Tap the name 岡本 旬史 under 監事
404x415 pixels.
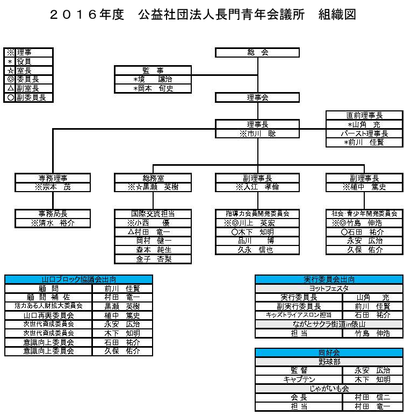pos(153,88)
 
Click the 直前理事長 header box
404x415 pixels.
pos(364,115)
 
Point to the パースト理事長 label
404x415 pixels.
pos(364,133)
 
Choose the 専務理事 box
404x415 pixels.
pos(53,178)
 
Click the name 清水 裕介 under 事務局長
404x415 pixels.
pos(53,223)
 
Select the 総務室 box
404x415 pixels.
pos(153,178)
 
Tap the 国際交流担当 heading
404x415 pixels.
pos(153,214)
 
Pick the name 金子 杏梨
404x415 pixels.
pos(153,259)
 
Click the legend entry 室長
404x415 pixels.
pos(27,71)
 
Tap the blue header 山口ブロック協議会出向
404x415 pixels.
pos(78,279)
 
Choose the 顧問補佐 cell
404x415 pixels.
pos(48,297)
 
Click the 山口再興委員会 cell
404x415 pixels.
pos(48,315)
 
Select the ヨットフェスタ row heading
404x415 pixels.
pos(329,288)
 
